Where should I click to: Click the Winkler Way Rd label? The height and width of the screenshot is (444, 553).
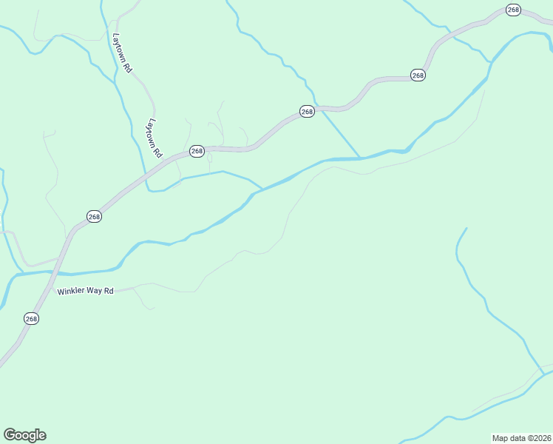(x=86, y=291)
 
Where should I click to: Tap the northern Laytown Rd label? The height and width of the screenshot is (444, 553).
(x=122, y=52)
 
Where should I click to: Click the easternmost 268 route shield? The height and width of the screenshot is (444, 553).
(x=513, y=10)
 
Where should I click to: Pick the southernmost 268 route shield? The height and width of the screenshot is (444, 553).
(x=31, y=318)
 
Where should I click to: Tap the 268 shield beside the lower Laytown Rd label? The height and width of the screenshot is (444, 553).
(x=197, y=151)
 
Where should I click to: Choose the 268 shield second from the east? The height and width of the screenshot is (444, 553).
(x=418, y=75)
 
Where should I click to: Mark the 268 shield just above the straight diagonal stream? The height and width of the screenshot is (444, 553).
(x=307, y=111)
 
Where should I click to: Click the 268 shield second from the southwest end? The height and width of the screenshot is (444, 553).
(x=94, y=217)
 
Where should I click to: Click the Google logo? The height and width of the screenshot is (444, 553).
(x=25, y=435)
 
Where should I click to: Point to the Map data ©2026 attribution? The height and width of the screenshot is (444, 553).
(x=521, y=437)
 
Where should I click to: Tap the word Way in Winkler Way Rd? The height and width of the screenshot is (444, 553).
(x=95, y=291)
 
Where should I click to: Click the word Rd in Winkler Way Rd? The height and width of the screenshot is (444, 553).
(x=109, y=291)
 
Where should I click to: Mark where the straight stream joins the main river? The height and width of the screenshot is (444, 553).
(x=360, y=157)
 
